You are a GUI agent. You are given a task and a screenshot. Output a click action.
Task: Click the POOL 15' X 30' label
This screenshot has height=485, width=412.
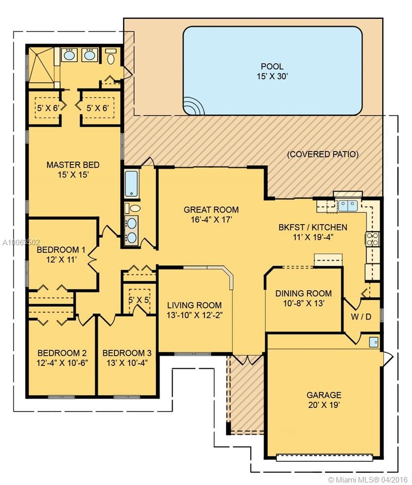(272, 71)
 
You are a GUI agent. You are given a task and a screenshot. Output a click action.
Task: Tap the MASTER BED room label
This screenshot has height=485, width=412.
(73, 170)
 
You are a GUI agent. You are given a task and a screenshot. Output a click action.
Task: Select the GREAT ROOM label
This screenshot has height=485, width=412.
(211, 214)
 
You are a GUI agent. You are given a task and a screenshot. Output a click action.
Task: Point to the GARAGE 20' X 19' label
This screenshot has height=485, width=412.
(324, 400)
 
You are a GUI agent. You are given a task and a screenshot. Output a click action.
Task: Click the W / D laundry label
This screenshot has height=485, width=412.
(361, 316)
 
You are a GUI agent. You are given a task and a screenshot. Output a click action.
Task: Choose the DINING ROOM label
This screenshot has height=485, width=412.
(303, 298)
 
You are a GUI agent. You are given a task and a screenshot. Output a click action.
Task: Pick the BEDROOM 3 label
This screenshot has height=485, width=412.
(127, 357)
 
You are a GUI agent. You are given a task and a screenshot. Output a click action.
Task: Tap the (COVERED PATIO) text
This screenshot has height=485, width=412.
(323, 154)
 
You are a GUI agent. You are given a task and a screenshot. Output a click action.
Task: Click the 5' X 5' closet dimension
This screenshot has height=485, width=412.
(139, 300)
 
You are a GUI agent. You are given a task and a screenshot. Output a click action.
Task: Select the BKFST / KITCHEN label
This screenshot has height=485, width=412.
(313, 232)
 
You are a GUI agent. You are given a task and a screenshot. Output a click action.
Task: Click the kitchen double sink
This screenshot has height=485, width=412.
(347, 205)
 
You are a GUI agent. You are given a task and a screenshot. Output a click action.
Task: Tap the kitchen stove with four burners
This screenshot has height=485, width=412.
(373, 239)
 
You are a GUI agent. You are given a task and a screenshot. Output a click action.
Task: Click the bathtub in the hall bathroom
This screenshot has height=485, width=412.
(132, 183)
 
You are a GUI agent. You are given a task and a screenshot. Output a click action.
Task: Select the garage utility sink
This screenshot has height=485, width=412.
(374, 342)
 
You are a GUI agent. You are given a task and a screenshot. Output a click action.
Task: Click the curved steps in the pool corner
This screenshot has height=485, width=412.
(194, 106)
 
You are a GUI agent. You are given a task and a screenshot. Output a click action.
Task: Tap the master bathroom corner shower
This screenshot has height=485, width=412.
(41, 65)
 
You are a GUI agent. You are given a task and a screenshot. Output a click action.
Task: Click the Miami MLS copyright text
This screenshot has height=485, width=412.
(368, 479)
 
